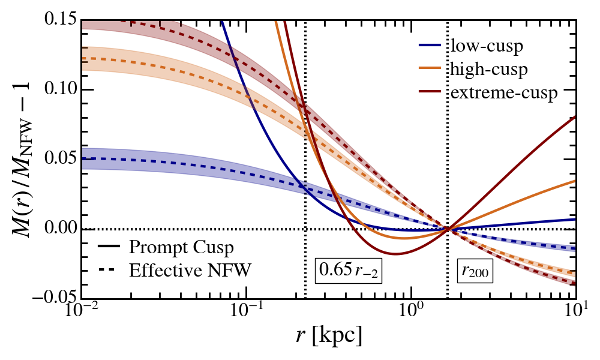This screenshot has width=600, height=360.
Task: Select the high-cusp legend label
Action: (489, 70)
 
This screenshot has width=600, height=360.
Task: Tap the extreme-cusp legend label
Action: (504, 93)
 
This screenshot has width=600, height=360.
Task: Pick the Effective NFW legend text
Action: (190, 270)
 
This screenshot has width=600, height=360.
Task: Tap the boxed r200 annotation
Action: (475, 271)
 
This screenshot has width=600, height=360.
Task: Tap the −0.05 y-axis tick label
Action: (55, 298)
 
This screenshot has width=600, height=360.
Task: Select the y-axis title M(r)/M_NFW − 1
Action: (23, 159)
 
